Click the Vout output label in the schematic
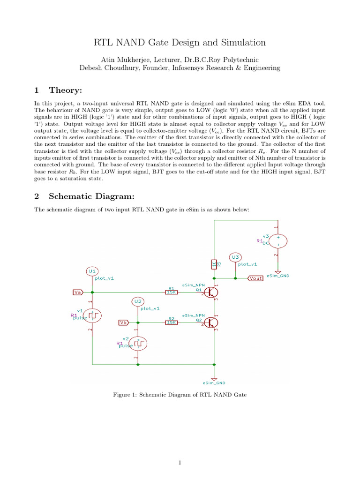click(255, 278)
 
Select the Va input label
click(78, 292)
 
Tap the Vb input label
click(123, 322)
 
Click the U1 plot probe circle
click(92, 271)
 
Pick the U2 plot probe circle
click(137, 301)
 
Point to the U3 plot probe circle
click(235, 257)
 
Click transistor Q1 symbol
click(211, 292)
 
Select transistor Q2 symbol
click(211, 322)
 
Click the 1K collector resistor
click(214, 265)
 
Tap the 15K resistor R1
click(171, 292)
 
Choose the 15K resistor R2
click(171, 322)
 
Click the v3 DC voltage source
click(277, 240)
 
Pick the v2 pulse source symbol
click(138, 344)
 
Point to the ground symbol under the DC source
click(277, 272)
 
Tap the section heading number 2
click(38, 197)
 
